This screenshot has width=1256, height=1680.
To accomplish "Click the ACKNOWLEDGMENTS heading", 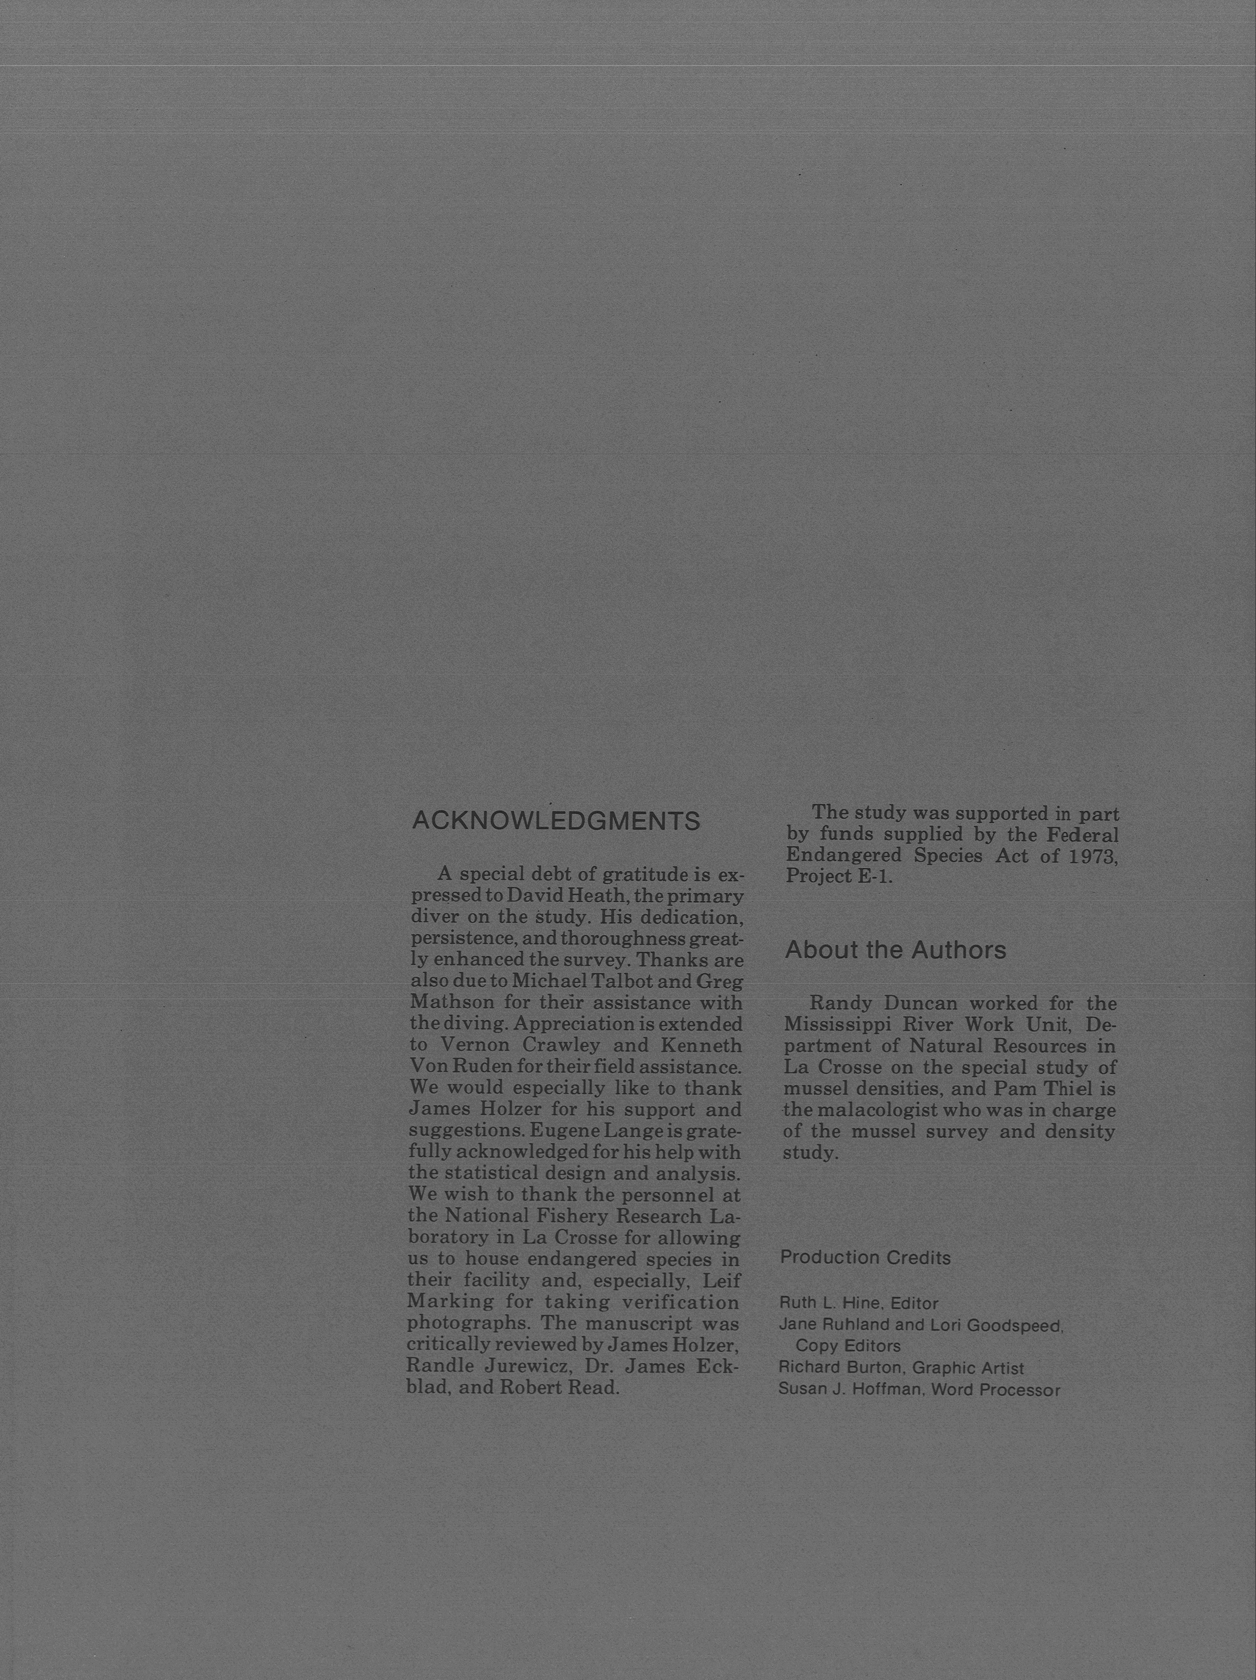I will pyautogui.click(x=555, y=821).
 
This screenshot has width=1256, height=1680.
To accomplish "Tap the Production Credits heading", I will pyautogui.click(x=865, y=1257).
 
